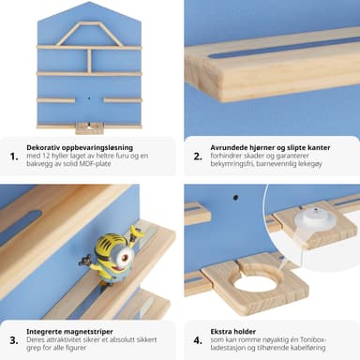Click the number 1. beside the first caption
point(14,157)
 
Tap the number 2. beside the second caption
point(198,157)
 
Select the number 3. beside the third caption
point(14,340)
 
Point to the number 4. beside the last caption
point(198,340)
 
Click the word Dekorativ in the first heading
point(43,147)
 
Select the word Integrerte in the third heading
point(43,332)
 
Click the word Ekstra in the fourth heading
point(220,332)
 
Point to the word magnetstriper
point(87,332)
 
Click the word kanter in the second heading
point(319,147)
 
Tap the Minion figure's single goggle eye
point(125,258)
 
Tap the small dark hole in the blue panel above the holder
point(235,198)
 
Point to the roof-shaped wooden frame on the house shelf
point(83,34)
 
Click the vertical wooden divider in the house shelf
point(90,61)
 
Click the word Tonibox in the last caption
point(313,339)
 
